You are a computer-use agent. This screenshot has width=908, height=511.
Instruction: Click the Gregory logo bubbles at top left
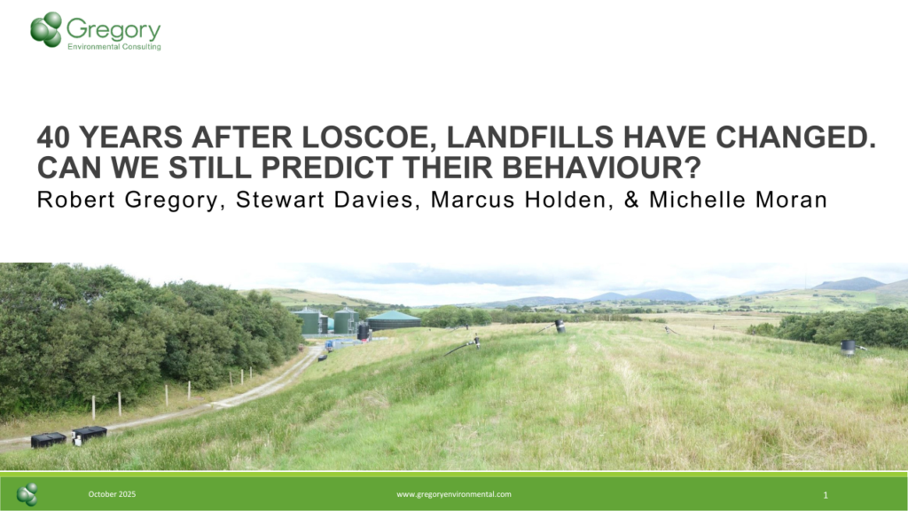[x=46, y=28]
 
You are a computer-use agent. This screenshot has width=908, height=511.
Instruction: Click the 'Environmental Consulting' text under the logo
[x=114, y=47]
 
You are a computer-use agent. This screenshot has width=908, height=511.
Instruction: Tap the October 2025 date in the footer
[x=112, y=494]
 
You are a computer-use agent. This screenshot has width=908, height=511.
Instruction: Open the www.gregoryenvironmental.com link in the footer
[x=453, y=494]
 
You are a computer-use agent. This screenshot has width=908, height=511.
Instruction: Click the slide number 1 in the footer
[x=826, y=494]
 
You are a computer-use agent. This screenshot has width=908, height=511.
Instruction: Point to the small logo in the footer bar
[x=27, y=494]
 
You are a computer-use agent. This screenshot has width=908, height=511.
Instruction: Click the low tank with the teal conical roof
[x=394, y=320]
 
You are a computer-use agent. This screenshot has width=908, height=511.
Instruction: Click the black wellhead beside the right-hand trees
[x=848, y=347]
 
